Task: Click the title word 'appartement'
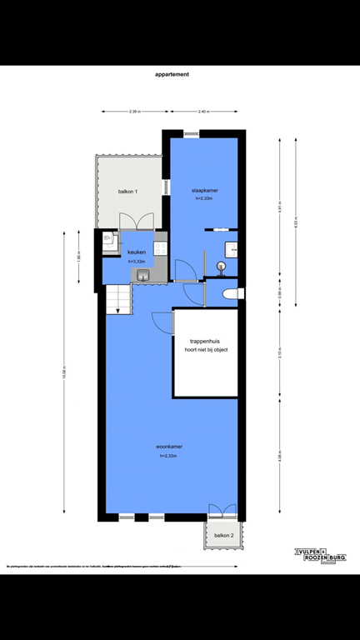(x=172, y=74)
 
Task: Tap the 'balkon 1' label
(x=127, y=192)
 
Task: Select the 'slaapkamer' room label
(x=203, y=191)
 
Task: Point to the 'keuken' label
(x=137, y=252)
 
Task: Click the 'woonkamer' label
(x=169, y=447)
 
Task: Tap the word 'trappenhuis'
(x=205, y=341)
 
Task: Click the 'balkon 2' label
(x=222, y=535)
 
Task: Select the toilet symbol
(x=233, y=293)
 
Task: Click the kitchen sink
(x=142, y=274)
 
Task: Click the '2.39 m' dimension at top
(x=134, y=112)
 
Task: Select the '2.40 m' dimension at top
(x=203, y=112)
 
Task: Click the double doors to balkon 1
(x=135, y=222)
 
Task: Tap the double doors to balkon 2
(x=222, y=512)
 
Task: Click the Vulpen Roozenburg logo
(x=320, y=556)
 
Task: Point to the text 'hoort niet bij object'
(x=206, y=349)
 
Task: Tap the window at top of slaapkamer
(x=192, y=133)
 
